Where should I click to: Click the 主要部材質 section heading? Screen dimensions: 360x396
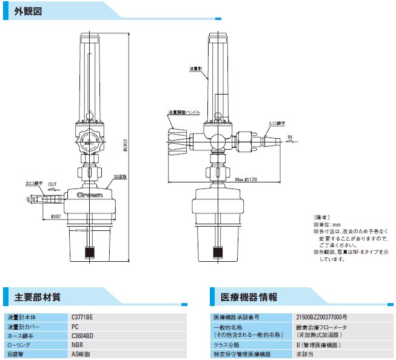point(37,298)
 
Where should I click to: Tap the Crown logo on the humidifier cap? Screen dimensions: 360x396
point(89,195)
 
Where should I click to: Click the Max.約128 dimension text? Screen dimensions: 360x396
point(246,180)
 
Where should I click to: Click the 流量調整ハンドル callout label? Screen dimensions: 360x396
point(184,113)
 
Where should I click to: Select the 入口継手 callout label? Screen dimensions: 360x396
point(277,122)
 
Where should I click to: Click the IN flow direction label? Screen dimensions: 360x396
point(290,137)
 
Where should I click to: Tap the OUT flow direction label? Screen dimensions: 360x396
point(53,184)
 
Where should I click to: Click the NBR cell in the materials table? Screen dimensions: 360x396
point(77,344)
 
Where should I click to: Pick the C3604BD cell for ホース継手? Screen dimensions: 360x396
point(82,335)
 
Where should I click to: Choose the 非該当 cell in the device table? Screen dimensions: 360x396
point(304,354)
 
